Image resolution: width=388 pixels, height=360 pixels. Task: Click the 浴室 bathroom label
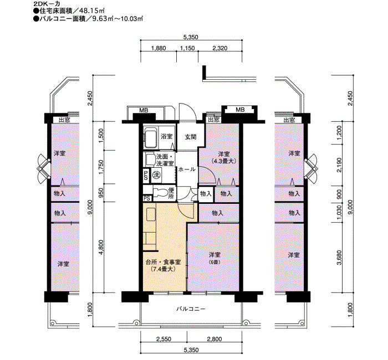(166, 136)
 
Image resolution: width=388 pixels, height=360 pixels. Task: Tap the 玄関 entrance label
(191, 137)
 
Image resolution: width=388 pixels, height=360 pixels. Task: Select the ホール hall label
(187, 169)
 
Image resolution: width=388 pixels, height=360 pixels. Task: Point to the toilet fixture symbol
(160, 193)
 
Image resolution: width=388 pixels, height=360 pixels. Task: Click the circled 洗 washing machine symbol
(156, 175)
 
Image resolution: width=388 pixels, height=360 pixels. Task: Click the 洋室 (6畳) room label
(215, 258)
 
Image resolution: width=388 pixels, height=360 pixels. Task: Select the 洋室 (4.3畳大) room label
(224, 157)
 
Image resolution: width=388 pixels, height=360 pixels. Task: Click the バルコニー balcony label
(191, 309)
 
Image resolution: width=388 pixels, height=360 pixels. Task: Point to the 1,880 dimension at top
(159, 48)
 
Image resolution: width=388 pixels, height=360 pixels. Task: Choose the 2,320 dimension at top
(220, 48)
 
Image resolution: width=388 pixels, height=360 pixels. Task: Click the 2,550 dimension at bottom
(164, 339)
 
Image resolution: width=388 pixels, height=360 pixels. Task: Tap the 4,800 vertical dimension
(101, 247)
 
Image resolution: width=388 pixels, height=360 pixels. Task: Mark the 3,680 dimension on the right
(339, 258)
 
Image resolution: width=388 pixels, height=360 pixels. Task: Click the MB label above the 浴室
(144, 110)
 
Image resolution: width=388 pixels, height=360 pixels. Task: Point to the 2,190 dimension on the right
(339, 165)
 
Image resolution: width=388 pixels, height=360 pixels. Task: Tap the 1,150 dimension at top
(187, 48)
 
